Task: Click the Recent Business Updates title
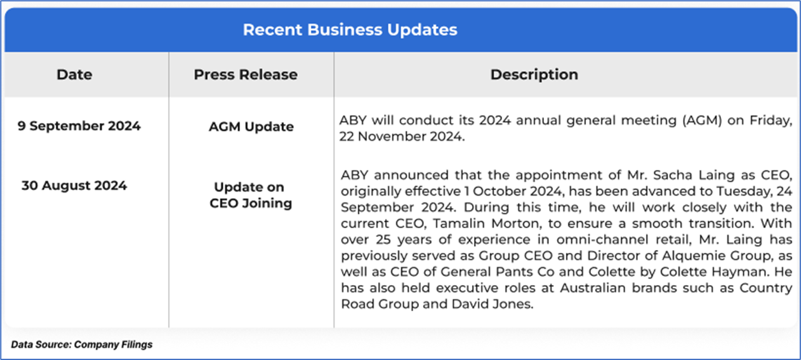click(350, 29)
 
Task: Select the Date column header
click(74, 75)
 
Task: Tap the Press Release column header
click(246, 75)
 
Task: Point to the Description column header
click(534, 75)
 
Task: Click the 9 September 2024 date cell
click(79, 126)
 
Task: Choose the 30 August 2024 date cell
click(74, 186)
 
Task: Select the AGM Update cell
click(251, 126)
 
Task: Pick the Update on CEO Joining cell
click(251, 195)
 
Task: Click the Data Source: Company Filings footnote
click(82, 344)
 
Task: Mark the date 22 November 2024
click(401, 137)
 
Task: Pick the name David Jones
click(492, 304)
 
